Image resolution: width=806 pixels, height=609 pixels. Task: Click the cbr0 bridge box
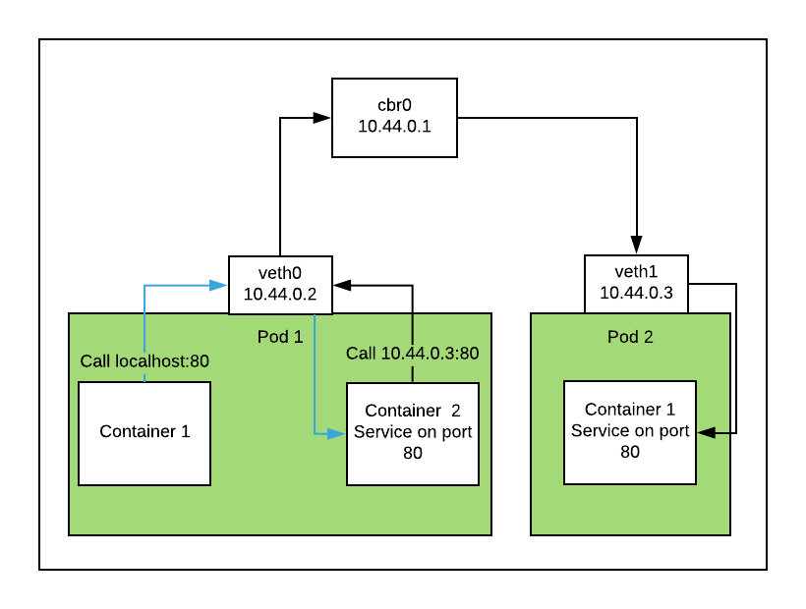(394, 117)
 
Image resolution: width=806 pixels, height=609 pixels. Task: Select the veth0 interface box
(280, 285)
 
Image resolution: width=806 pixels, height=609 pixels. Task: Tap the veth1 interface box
(636, 284)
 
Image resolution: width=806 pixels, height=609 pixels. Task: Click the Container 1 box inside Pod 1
(144, 433)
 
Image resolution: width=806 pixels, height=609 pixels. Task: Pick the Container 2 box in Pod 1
(413, 433)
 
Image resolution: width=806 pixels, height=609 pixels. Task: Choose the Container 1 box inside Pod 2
(630, 432)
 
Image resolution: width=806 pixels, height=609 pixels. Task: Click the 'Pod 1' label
(281, 337)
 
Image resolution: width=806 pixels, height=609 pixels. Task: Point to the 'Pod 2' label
(630, 337)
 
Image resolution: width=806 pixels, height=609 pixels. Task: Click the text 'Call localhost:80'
(144, 361)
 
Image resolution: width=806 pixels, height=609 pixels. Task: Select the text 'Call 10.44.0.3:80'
(412, 354)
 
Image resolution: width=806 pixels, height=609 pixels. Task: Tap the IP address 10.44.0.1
(394, 127)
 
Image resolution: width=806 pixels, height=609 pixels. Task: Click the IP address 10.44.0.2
(280, 294)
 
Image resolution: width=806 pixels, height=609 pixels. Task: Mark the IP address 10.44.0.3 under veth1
(636, 293)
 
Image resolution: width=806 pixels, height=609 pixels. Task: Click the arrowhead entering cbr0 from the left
(322, 118)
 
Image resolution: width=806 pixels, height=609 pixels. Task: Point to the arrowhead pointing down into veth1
(636, 247)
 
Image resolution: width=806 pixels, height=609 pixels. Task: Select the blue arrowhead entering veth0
(219, 285)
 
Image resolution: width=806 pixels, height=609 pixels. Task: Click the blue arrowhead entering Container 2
(338, 432)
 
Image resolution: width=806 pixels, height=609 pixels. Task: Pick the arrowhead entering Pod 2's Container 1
(705, 432)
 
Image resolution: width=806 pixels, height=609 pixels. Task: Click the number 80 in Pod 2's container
(630, 452)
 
